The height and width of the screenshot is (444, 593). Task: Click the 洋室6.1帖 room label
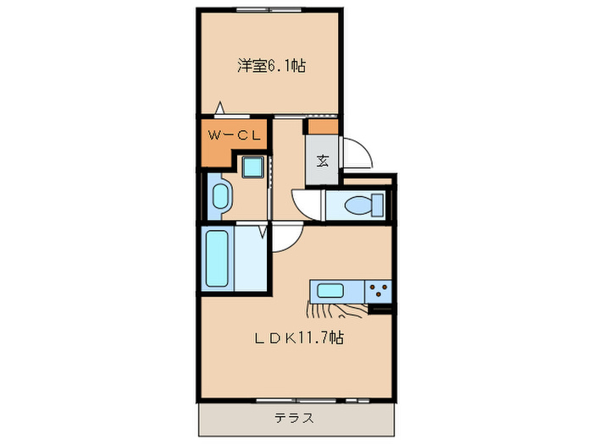pos(270,66)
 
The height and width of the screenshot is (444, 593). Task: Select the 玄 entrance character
pos(323,161)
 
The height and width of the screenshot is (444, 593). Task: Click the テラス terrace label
pos(295,417)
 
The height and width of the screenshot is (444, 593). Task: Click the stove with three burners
pos(378,292)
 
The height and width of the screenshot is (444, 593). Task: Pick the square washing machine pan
pos(253,167)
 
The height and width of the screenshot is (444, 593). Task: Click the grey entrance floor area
pos(323,161)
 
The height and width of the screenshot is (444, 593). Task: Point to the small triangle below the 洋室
pos(220,107)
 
